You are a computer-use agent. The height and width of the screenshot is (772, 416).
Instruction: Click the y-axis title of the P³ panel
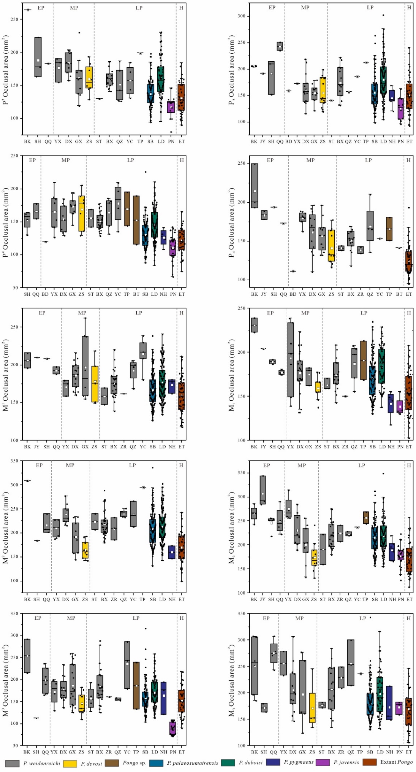coord(6,70)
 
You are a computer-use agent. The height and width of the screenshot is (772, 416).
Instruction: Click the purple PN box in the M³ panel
coord(172,728)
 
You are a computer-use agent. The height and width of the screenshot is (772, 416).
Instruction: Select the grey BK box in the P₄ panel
coord(254,186)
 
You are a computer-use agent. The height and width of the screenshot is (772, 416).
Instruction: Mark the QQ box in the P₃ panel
coord(280,46)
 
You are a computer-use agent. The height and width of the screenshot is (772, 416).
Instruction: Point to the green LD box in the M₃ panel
coord(380,694)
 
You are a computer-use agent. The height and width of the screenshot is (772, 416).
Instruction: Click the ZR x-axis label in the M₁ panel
coord(345,447)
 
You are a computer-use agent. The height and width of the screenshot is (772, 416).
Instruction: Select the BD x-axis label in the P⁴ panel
coord(45,294)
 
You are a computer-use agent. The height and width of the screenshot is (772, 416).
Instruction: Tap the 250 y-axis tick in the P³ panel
coord(14,19)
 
